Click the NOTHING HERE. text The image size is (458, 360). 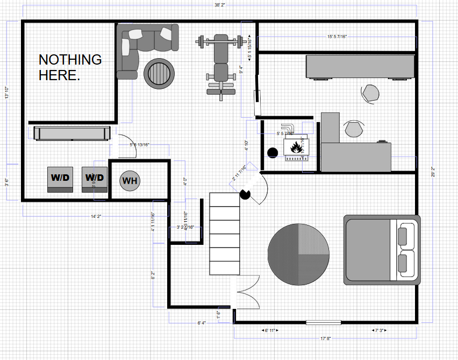tap(70, 67)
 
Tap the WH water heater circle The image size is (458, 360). tap(130, 181)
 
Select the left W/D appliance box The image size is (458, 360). tap(60, 178)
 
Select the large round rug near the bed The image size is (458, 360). tap(298, 255)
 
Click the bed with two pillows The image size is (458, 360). tap(382, 250)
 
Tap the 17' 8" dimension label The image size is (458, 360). tap(325, 339)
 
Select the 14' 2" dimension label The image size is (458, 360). tap(96, 216)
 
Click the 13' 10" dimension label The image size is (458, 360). tap(6, 93)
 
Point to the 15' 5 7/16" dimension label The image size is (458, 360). tap(337, 37)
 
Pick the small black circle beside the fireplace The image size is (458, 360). tap(272, 151)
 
